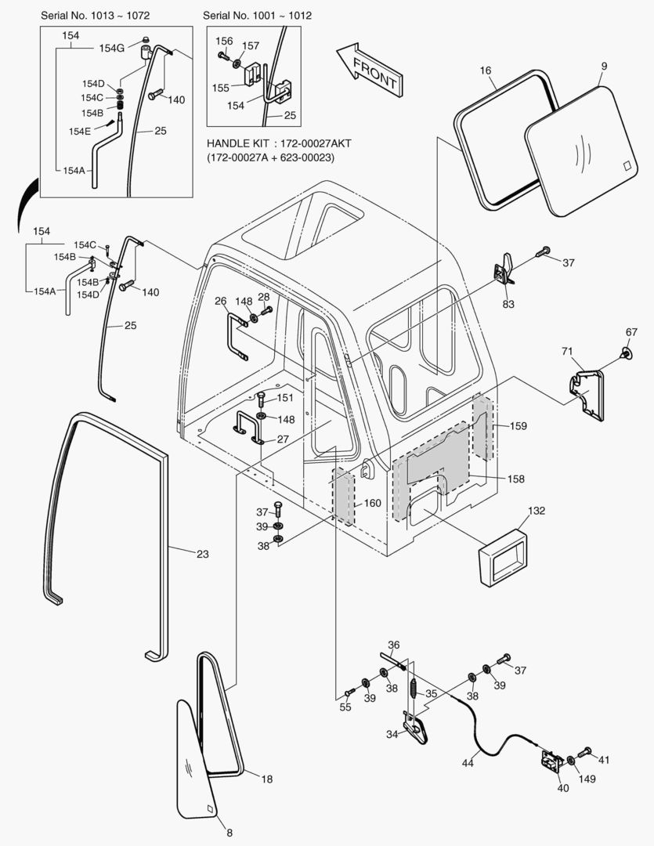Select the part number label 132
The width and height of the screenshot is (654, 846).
point(536,510)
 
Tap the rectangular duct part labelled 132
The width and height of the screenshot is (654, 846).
point(503,555)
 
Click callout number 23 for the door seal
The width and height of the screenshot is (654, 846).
point(202,554)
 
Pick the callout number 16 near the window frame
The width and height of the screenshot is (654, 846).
point(486,71)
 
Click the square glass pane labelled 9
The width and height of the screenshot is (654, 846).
point(583,150)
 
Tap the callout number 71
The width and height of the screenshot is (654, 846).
point(567,351)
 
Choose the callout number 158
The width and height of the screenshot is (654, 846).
point(515,478)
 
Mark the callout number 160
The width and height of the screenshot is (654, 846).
point(372,503)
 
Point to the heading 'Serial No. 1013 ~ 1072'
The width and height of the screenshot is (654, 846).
point(96,16)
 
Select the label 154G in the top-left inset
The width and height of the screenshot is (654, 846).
point(111,48)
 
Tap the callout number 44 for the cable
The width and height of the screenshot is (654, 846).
point(467,762)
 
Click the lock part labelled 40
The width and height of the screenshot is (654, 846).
point(552,761)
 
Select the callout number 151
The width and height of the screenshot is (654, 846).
point(284,398)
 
